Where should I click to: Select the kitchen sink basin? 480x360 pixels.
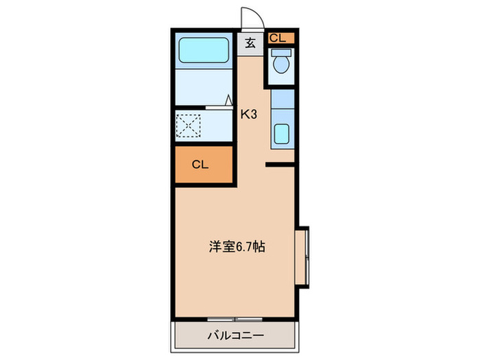click(x=281, y=133)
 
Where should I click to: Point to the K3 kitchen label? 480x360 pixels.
click(x=248, y=115)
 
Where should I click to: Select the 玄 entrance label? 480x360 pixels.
click(x=250, y=43)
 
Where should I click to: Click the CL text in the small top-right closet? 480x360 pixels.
click(x=277, y=38)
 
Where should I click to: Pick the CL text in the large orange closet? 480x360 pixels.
click(x=200, y=165)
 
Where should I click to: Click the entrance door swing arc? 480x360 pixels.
click(x=251, y=16)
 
